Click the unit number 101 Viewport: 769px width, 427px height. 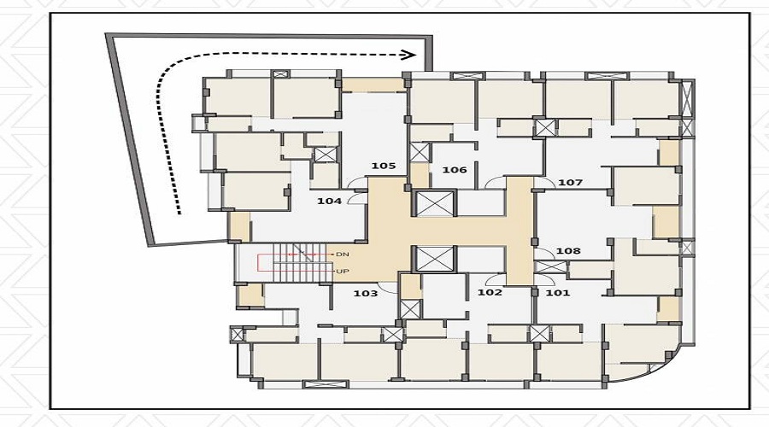[x=558, y=293]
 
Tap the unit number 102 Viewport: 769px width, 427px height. [x=490, y=292]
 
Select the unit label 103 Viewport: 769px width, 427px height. [x=366, y=293]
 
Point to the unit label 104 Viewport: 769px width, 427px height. [x=329, y=201]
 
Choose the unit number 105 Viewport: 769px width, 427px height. [x=383, y=166]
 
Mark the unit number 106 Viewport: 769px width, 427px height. [x=455, y=170]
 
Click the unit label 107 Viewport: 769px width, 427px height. [x=571, y=183]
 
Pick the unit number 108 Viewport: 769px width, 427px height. [x=568, y=250]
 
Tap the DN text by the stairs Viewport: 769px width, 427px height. [x=343, y=254]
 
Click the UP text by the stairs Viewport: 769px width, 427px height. [x=343, y=271]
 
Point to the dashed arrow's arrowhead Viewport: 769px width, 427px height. [x=409, y=55]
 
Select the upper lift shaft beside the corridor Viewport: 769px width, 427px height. [x=435, y=203]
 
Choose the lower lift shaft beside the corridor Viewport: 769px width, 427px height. [x=435, y=259]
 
